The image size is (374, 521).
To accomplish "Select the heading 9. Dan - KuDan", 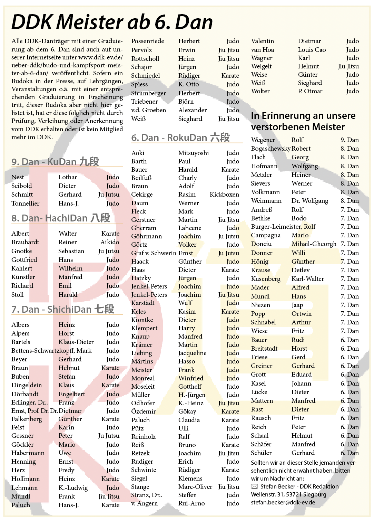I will click(55, 162).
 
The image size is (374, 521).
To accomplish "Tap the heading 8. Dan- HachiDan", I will click(60, 218).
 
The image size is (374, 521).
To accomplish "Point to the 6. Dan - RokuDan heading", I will click(180, 138).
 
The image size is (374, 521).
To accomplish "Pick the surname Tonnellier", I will click(25, 203).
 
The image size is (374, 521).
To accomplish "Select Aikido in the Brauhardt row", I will click(110, 242).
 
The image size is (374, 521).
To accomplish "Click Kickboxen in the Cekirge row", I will click(224, 195).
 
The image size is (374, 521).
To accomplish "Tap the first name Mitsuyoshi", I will click(193, 153).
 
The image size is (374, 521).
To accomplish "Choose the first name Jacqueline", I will click(192, 353).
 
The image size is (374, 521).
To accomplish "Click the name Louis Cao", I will click(312, 50).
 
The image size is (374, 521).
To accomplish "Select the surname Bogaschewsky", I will click(270, 149).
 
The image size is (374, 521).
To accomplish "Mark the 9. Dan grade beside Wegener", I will click(350, 140).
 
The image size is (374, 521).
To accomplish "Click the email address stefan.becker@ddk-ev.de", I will click(283, 502).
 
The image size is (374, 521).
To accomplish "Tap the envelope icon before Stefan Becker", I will click(254, 486).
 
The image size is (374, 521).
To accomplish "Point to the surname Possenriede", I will click(147, 41).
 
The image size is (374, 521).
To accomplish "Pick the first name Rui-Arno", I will click(191, 503).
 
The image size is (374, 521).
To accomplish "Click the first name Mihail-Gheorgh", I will click(314, 244).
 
